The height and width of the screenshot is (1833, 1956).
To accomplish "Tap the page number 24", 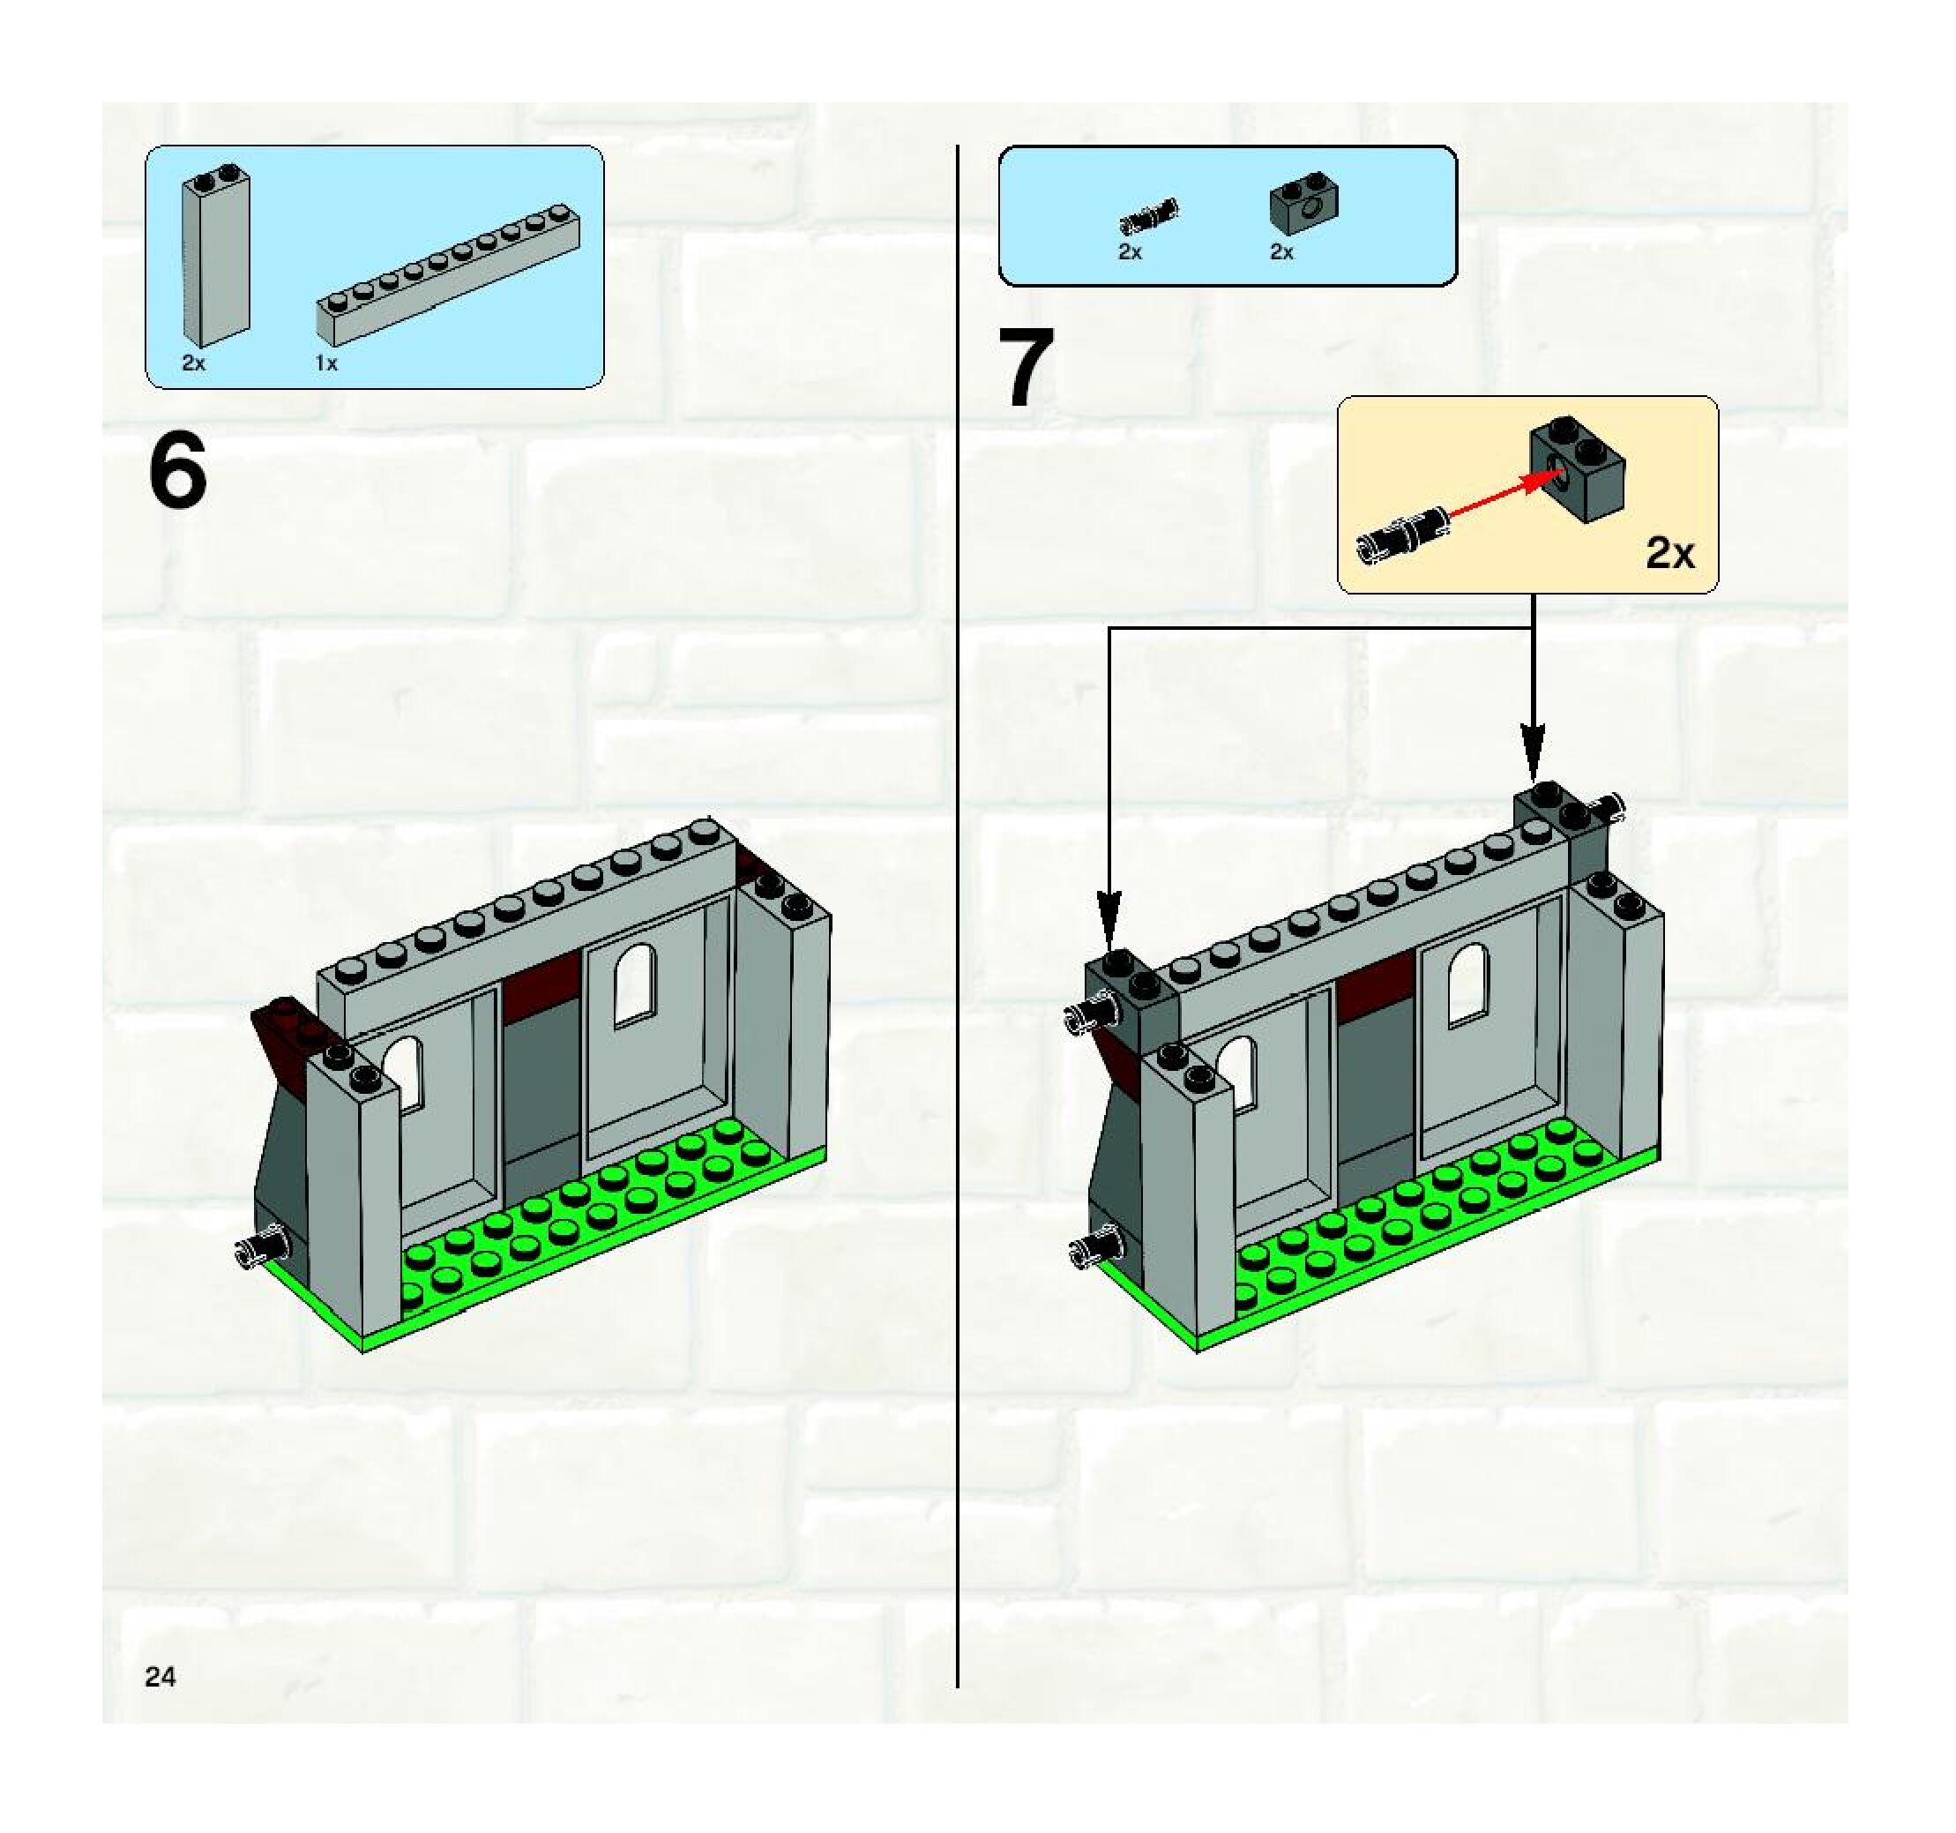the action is coord(161,1677).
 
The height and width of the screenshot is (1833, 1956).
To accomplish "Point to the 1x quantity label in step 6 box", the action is coord(326,364).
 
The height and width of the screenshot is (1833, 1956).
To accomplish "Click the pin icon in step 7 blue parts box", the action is coord(1148,215).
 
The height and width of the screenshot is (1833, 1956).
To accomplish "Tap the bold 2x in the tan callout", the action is coord(1670,555).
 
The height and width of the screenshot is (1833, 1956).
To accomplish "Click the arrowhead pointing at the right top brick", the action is coord(1532,752).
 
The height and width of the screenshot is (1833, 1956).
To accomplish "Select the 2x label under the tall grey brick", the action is coord(194,364).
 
